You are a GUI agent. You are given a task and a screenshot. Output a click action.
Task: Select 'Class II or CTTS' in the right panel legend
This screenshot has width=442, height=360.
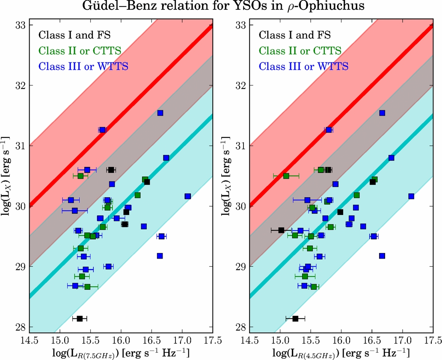(300, 51)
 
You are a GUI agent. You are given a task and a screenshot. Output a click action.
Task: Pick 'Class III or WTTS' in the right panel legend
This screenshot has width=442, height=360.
(303, 66)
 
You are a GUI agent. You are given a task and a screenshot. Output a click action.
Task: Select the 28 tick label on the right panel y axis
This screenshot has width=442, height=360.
(242, 327)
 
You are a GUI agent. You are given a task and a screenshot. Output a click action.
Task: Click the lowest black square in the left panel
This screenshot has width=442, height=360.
(80, 318)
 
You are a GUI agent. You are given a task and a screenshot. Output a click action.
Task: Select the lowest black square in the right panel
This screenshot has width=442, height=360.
(295, 318)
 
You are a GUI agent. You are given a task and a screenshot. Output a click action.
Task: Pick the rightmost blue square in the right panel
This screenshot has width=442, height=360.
(411, 196)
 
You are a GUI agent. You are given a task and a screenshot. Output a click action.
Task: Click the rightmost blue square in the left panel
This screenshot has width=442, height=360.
(187, 196)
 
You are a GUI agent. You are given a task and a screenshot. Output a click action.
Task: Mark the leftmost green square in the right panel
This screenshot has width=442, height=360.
(286, 176)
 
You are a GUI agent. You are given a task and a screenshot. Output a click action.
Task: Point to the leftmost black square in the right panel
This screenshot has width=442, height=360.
(281, 230)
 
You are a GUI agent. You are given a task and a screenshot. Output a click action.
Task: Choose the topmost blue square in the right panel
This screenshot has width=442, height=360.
(382, 113)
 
